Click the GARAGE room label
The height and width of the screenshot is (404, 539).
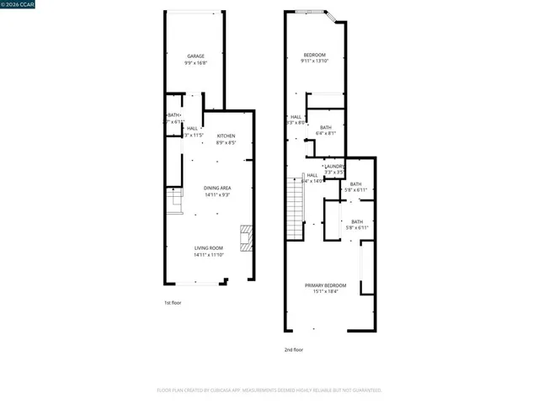[x=195, y=56]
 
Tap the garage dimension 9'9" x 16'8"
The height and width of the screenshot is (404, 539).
[x=195, y=63]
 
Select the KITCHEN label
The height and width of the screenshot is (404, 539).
[x=226, y=136]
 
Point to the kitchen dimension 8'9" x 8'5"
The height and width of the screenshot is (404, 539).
[x=226, y=142]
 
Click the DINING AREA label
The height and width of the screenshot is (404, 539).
[x=217, y=188]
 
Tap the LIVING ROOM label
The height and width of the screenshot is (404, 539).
[x=209, y=247]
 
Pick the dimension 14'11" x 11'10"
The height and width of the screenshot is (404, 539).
[x=209, y=254]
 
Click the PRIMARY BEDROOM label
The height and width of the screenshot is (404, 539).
[x=325, y=285]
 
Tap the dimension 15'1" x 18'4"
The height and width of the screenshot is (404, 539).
[x=325, y=292]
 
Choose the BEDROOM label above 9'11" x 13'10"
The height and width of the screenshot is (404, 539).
[x=314, y=54]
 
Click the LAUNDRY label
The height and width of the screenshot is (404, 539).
[x=334, y=167]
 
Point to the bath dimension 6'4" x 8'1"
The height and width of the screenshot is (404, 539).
[x=326, y=133]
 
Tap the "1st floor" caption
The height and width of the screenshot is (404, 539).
[x=173, y=302]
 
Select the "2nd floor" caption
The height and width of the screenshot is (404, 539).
[x=293, y=349]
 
